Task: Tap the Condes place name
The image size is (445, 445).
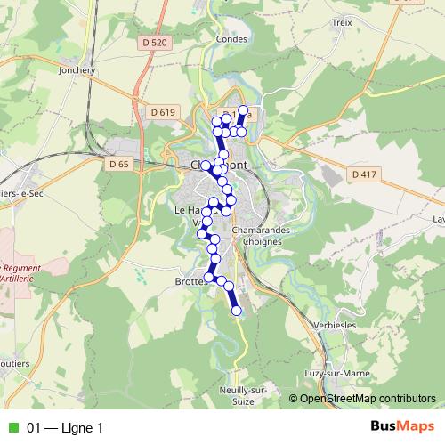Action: click(231, 39)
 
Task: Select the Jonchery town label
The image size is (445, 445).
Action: click(75, 69)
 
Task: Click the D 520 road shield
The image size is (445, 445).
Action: click(154, 43)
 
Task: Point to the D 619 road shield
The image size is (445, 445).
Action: click(163, 112)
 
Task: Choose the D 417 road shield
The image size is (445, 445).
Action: click(363, 174)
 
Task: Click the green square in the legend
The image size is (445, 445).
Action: click(12, 428)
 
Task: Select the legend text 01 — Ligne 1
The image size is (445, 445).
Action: click(65, 428)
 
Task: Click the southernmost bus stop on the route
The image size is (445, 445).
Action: click(237, 311)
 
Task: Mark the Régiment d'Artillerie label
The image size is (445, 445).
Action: click(20, 272)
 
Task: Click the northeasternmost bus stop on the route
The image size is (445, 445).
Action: click(243, 111)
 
